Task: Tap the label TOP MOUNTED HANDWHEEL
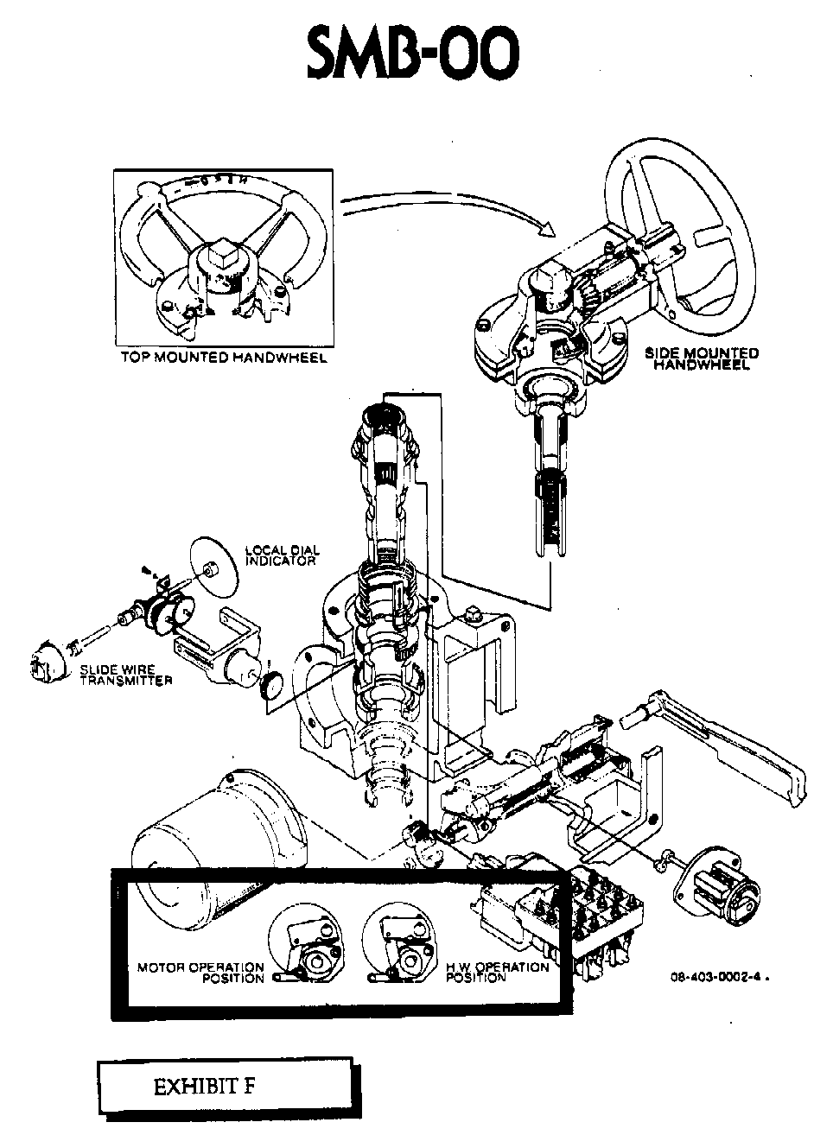coord(223,358)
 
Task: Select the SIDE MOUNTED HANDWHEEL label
coord(702,358)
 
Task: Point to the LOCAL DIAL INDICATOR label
coord(282,555)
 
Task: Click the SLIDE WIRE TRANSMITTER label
coord(125,675)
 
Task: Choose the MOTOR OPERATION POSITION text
coord(201,973)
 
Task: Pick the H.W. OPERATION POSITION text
coord(497,973)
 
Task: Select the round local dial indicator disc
coord(213,567)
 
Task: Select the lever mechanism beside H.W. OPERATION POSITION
coord(400,942)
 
